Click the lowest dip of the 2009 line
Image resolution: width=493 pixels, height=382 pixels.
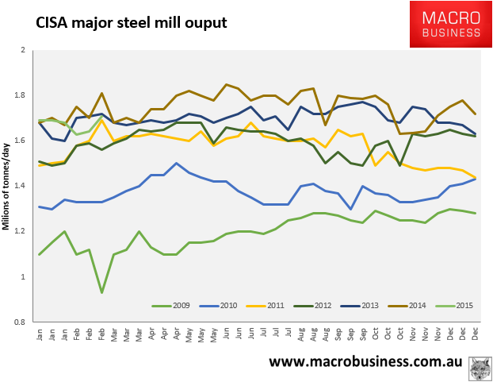click(x=101, y=292)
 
